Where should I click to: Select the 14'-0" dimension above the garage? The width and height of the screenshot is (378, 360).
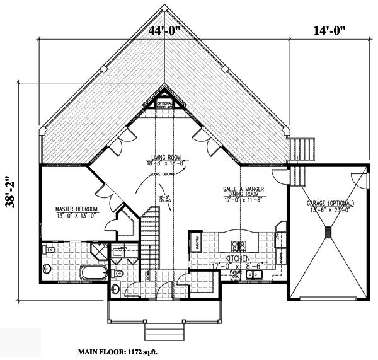coord(329,30)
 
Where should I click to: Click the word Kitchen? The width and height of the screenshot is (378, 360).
coord(231,259)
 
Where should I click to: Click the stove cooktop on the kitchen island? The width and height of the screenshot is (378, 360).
coord(239,245)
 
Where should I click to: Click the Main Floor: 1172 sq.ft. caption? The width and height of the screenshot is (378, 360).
coord(117,350)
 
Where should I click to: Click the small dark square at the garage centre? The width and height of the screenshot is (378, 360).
coord(328,233)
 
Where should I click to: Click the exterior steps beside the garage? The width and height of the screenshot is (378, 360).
coord(300,151)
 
